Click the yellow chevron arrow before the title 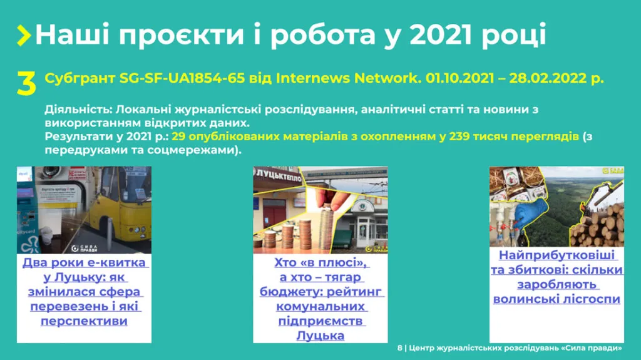pyautogui.click(x=24, y=35)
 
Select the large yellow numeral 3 pyautogui.click(x=26, y=85)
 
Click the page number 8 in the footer pyautogui.click(x=399, y=348)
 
